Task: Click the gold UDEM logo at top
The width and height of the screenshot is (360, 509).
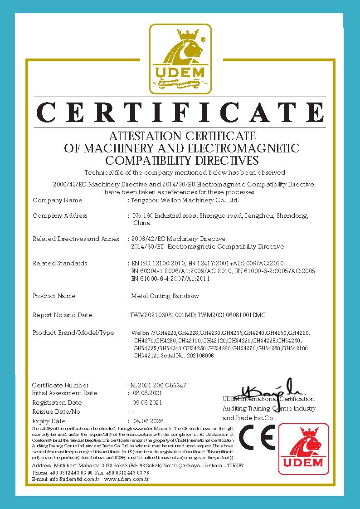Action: pyautogui.click(x=180, y=59)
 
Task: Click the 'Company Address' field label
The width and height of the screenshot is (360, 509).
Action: pyautogui.click(x=60, y=215)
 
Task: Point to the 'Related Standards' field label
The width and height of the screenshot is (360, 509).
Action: pyautogui.click(x=60, y=263)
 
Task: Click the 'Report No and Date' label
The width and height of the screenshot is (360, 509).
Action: pyautogui.click(x=62, y=315)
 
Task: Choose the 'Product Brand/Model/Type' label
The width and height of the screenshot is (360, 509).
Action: pyautogui.click(x=73, y=333)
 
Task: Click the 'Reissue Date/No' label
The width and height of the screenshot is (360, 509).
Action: pyautogui.click(x=56, y=411)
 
